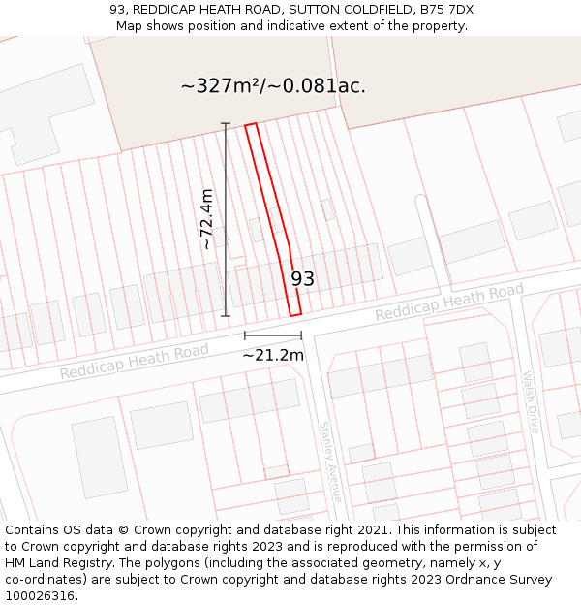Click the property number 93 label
pos(303,279)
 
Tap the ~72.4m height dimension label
pos(207,219)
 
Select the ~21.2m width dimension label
pos(273,355)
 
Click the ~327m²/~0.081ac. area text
pos(273,85)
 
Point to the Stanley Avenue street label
pos(331,460)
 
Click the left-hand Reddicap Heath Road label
pos(134,361)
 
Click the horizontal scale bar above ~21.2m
pos(273,335)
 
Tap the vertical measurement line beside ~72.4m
pos(226,219)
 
